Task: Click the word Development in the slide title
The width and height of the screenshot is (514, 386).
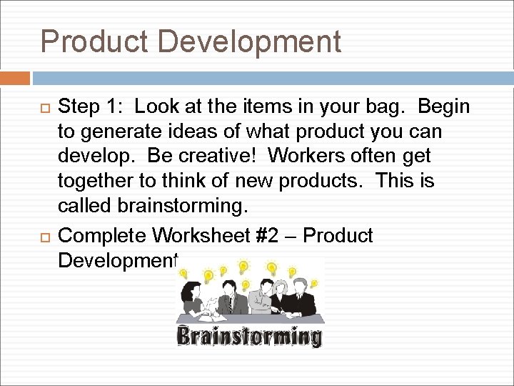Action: (x=249, y=41)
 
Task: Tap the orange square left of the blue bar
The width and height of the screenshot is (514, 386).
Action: (x=15, y=78)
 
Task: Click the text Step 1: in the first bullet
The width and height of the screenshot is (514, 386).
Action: (x=90, y=107)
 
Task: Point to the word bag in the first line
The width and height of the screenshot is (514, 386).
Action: (x=391, y=107)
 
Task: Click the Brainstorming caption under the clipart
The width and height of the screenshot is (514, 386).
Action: (x=250, y=337)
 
